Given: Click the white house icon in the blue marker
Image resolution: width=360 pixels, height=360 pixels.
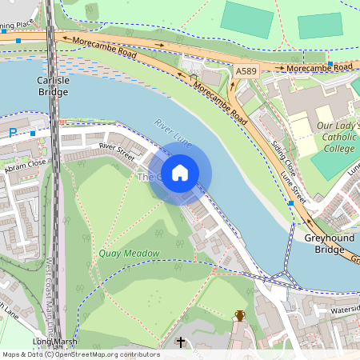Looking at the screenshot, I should click(180, 172).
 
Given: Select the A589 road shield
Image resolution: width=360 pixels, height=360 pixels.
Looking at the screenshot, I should click(247, 72).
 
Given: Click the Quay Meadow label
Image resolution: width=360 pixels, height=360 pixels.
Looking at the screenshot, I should click(129, 254).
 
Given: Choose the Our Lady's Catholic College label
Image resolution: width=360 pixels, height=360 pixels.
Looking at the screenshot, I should click(337, 137).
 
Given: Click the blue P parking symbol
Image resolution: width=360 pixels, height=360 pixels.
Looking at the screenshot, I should click(13, 132).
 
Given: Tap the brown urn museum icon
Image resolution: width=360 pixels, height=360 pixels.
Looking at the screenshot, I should click(239, 315).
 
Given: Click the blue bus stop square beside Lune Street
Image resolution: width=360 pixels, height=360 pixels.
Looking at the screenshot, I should click(290, 204).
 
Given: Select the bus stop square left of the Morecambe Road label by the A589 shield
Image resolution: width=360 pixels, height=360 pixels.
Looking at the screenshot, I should click(330, 64).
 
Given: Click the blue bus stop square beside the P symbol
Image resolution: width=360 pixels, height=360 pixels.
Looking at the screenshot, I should click(32, 132).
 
